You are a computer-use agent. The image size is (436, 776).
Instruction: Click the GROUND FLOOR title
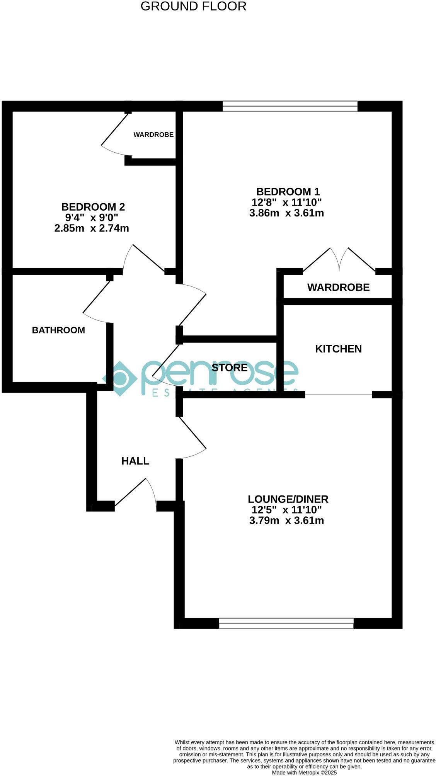(x=193, y=7)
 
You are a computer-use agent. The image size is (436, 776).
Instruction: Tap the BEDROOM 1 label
(x=288, y=192)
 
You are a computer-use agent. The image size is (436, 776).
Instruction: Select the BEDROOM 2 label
(x=93, y=207)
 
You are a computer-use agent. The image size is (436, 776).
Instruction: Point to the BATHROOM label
(x=58, y=330)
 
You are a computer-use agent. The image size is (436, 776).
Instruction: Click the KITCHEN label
(x=338, y=349)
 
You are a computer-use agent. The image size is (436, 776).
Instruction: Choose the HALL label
(x=135, y=461)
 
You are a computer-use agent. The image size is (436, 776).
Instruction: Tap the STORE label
(x=230, y=368)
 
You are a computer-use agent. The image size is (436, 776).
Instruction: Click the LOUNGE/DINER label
(x=288, y=499)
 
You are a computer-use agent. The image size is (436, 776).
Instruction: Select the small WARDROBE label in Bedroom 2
(x=153, y=135)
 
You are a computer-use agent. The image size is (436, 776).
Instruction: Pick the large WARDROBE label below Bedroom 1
(x=338, y=288)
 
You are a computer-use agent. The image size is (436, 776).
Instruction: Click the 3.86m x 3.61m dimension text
(x=286, y=213)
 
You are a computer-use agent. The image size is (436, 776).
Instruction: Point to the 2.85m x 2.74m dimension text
(x=92, y=228)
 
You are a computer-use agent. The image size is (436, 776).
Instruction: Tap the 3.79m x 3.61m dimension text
(x=286, y=521)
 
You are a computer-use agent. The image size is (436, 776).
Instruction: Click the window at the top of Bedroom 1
(x=290, y=106)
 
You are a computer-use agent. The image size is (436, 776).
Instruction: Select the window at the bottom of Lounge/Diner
(x=286, y=623)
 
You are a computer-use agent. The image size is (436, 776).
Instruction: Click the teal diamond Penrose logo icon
(x=120, y=378)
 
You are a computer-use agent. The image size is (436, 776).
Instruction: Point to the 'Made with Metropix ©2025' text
(x=304, y=773)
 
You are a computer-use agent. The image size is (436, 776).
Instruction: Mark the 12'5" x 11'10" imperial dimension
(x=286, y=510)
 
